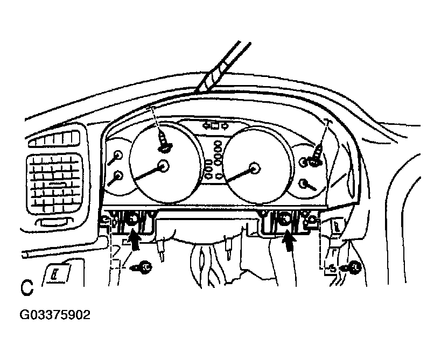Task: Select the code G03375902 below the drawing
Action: coord(55,315)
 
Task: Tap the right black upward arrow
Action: coord(290,240)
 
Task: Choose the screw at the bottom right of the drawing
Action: coord(354,265)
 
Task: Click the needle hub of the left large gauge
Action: coord(163,166)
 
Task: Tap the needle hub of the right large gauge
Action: coord(255,169)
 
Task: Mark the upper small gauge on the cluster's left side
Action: coord(117,157)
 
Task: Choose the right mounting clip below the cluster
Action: coord(284,219)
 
